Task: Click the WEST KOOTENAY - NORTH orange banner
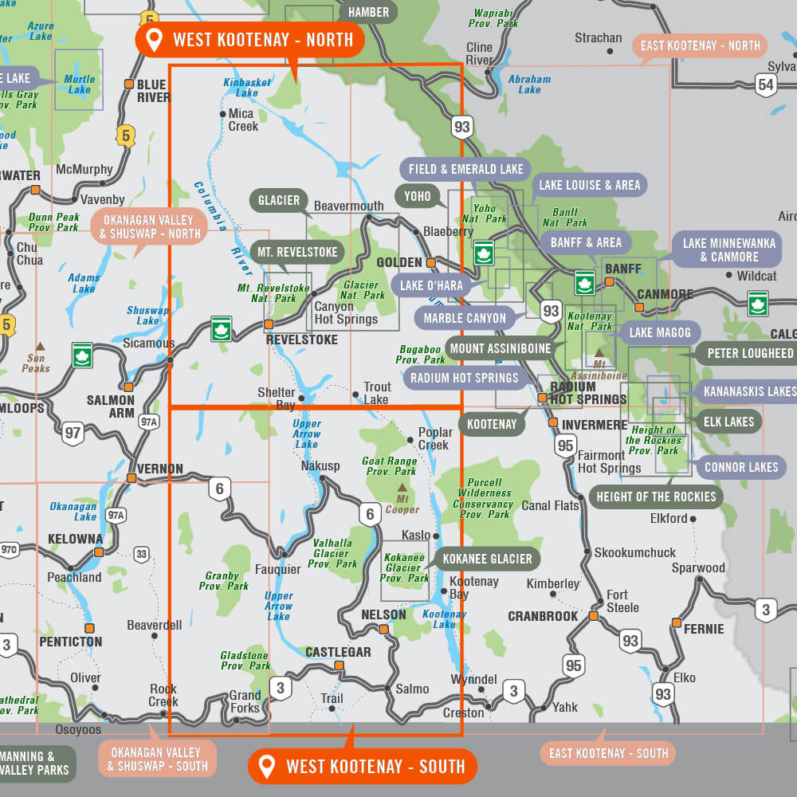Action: tap(249, 39)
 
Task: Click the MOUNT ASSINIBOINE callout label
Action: tap(501, 348)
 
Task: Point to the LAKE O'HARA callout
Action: tap(431, 285)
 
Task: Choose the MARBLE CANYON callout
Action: tap(465, 318)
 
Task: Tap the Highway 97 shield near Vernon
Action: tap(73, 434)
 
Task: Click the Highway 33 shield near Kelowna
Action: tap(142, 553)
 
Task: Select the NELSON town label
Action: tap(383, 614)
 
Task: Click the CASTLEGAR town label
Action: tap(339, 652)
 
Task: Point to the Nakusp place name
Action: tap(320, 466)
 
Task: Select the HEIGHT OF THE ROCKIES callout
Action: tap(656, 497)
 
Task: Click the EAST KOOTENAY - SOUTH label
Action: tap(607, 752)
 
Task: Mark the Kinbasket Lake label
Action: tap(247, 88)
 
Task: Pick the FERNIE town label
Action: tap(704, 629)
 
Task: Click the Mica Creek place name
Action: tap(242, 120)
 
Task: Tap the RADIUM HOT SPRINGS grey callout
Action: tap(464, 378)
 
